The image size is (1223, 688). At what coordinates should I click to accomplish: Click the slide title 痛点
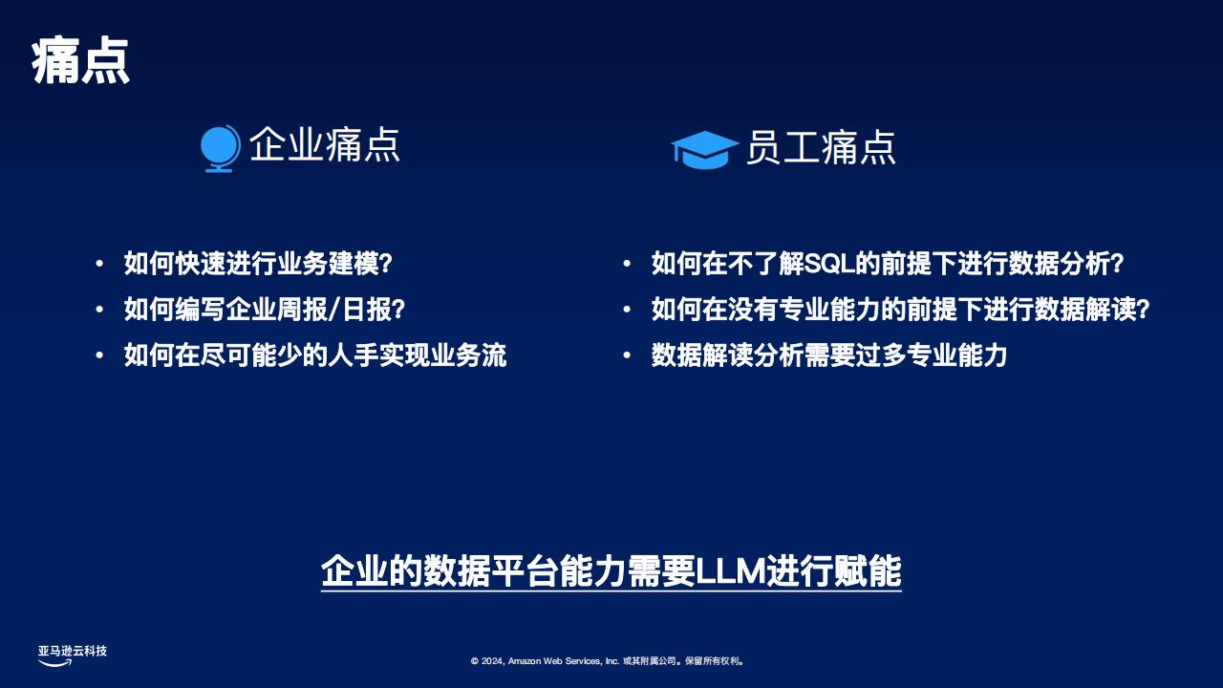[80, 60]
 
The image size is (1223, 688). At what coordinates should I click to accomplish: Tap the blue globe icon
[220, 148]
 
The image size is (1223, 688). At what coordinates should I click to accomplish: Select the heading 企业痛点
[325, 144]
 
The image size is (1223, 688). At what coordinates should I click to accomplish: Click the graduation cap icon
[705, 150]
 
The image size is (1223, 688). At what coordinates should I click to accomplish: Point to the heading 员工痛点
[821, 147]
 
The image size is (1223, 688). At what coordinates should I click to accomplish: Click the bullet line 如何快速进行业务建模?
[258, 264]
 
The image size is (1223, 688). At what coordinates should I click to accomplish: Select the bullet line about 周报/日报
[265, 310]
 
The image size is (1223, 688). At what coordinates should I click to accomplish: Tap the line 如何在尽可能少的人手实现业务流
[315, 355]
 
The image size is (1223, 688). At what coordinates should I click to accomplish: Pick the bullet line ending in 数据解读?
[900, 310]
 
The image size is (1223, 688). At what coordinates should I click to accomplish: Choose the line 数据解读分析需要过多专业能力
[828, 355]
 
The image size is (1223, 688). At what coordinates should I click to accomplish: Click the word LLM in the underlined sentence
[731, 571]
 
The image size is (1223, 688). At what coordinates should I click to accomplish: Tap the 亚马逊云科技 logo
[72, 656]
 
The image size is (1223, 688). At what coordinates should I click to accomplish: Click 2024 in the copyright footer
[492, 661]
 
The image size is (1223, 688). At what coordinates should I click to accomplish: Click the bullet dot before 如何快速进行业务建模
[99, 265]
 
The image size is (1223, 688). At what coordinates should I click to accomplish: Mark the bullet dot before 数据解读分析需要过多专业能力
[627, 356]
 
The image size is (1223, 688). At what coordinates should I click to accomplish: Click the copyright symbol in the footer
[475, 661]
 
